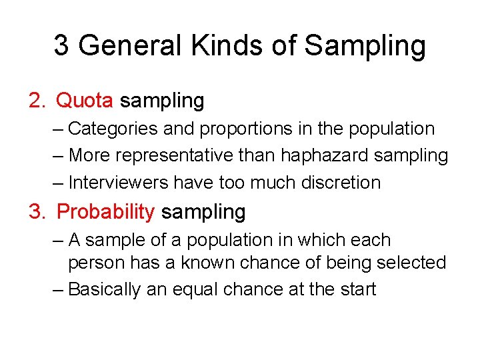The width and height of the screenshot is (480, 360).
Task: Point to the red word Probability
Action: (x=105, y=212)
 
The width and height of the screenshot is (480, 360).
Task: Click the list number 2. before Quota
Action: (x=37, y=101)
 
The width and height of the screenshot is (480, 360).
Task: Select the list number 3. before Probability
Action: (x=37, y=212)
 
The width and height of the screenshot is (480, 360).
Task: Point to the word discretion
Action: (x=341, y=183)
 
